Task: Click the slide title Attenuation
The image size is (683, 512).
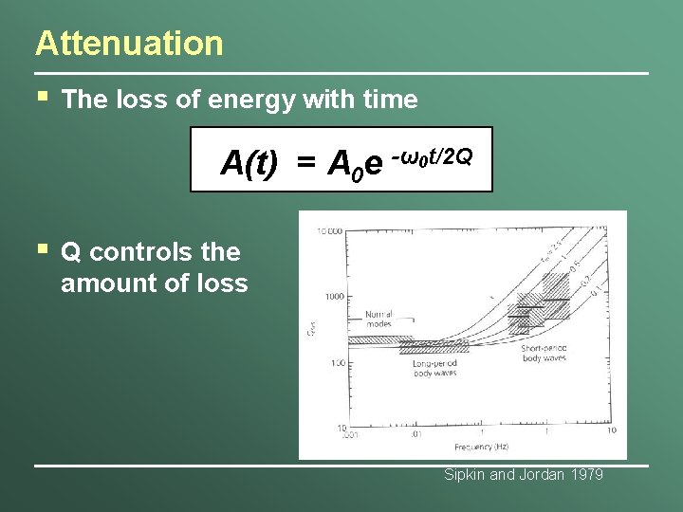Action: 129,44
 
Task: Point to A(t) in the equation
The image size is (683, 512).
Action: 249,163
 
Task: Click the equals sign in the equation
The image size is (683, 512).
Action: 305,164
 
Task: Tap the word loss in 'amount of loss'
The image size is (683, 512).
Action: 220,283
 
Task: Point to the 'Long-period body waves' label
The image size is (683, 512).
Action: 434,368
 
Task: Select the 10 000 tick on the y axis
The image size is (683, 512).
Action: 329,231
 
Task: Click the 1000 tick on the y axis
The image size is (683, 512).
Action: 334,297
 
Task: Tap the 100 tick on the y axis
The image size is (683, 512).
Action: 337,363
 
